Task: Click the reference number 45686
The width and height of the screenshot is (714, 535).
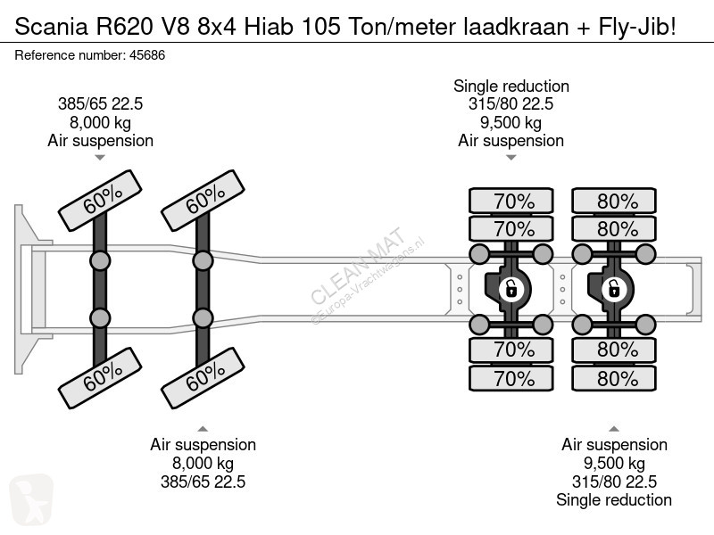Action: pyautogui.click(x=147, y=55)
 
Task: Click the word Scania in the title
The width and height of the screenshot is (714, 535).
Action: pyautogui.click(x=51, y=27)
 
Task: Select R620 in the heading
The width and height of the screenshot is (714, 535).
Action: pyautogui.click(x=124, y=27)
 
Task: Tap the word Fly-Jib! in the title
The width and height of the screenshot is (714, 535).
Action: pyautogui.click(x=637, y=28)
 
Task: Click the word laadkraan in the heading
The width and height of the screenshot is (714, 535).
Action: pyautogui.click(x=517, y=27)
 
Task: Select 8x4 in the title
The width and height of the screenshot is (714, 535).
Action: pyautogui.click(x=217, y=27)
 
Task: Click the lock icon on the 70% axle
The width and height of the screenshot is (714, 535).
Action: pyautogui.click(x=511, y=289)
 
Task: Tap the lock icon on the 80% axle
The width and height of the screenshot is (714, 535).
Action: pyautogui.click(x=614, y=289)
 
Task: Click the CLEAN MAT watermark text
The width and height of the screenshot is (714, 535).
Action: pyautogui.click(x=358, y=265)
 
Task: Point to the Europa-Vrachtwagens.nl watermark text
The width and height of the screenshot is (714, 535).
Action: pyautogui.click(x=368, y=281)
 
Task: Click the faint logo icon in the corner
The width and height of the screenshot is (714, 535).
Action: pyautogui.click(x=31, y=498)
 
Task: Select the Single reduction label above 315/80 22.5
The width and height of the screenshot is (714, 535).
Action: pyautogui.click(x=511, y=86)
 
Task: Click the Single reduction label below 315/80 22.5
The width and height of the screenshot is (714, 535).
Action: pyautogui.click(x=614, y=499)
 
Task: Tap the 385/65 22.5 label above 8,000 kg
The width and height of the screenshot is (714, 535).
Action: pyautogui.click(x=100, y=103)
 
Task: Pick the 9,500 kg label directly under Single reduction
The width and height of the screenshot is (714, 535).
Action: pyautogui.click(x=511, y=122)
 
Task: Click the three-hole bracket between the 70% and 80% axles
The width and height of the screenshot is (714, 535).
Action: pyautogui.click(x=563, y=289)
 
